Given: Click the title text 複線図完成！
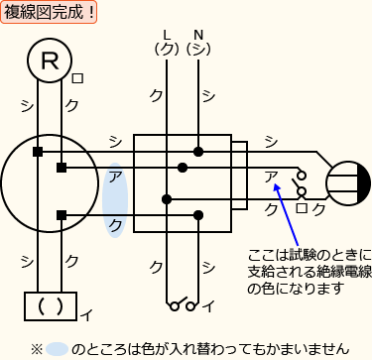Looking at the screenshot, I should [x=51, y=13].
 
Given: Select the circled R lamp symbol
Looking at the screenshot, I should [x=49, y=62].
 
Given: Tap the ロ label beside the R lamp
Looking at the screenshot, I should [x=78, y=78].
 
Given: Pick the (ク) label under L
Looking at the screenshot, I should [x=167, y=47].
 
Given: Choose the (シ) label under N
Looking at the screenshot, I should [x=198, y=47].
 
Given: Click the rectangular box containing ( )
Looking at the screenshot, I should [x=50, y=304].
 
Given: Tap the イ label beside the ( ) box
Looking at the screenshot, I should [x=86, y=315].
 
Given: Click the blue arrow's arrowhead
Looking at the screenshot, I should [x=282, y=184].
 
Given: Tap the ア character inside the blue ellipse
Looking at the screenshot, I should [x=116, y=177].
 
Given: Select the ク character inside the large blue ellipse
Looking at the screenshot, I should [x=116, y=225].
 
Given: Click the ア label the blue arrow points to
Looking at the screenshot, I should [x=271, y=177].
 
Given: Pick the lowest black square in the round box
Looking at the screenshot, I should [x=61, y=214].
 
